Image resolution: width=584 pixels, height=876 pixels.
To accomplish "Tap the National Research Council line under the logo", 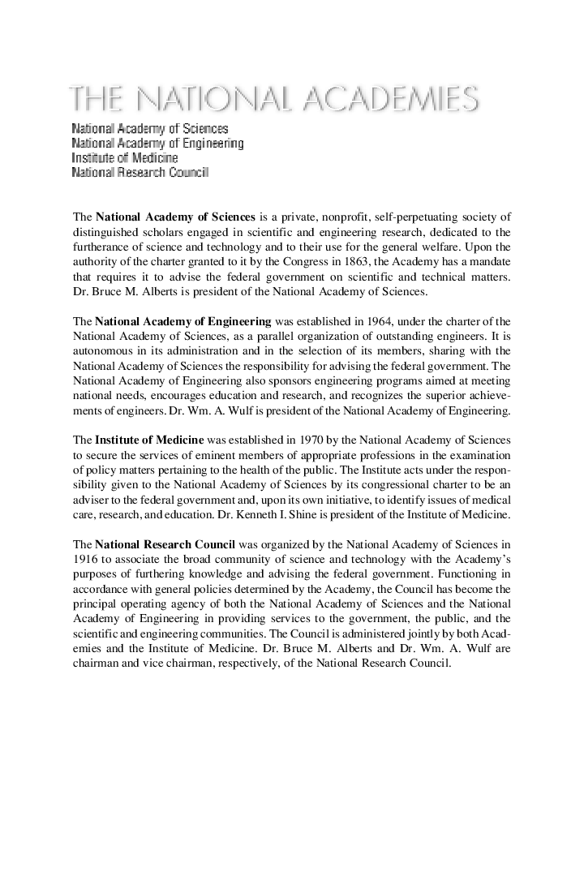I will pos(140,173).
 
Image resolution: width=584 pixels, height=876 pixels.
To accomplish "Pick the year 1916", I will pos(85,559).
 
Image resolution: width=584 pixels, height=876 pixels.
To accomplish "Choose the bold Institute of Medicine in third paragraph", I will pos(149,440).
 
